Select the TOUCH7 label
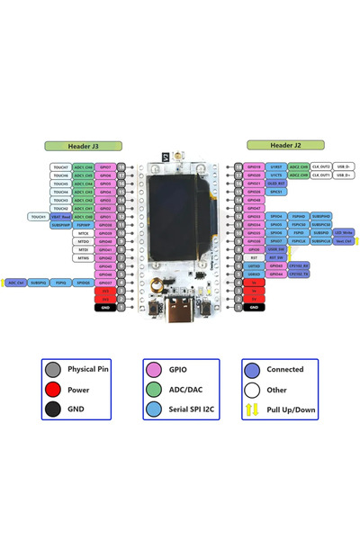point(60,166)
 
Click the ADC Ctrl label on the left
point(16,283)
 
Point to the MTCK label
point(83,233)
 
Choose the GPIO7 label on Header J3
point(105,166)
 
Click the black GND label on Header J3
point(105,308)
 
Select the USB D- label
point(344,166)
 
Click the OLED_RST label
point(277,184)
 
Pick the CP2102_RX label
point(300,266)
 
